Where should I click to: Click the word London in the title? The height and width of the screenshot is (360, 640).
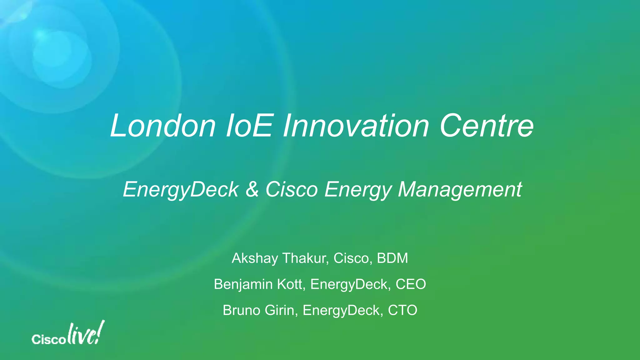pyautogui.click(x=163, y=126)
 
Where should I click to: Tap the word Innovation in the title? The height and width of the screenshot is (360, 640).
pyautogui.click(x=356, y=126)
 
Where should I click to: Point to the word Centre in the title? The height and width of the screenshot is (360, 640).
pyautogui.click(x=487, y=126)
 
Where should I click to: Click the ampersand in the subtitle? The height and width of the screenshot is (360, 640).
pyautogui.click(x=252, y=189)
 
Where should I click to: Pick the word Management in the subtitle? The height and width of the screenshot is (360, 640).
pyautogui.click(x=460, y=189)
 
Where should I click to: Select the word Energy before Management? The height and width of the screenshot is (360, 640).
pyautogui.click(x=358, y=189)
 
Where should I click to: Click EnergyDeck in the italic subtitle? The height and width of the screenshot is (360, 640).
pyautogui.click(x=181, y=189)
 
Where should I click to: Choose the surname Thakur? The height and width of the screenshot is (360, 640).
pyautogui.click(x=305, y=258)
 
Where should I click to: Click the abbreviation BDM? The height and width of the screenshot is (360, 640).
pyautogui.click(x=392, y=258)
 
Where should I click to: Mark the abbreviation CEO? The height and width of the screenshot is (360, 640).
pyautogui.click(x=411, y=284)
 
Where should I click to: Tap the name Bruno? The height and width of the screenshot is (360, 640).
pyautogui.click(x=242, y=310)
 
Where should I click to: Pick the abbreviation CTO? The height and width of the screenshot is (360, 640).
pyautogui.click(x=402, y=310)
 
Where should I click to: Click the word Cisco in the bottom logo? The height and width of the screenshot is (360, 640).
pyautogui.click(x=48, y=339)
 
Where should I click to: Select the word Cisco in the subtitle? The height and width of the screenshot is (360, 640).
pyautogui.click(x=292, y=189)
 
